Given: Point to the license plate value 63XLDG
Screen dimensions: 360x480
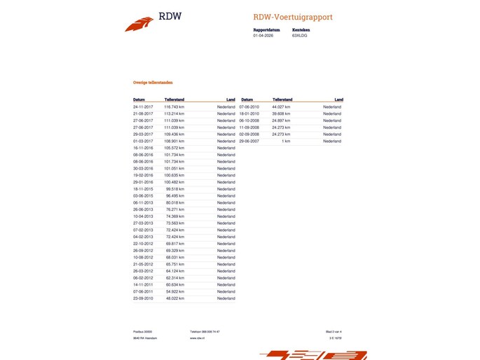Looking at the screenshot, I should tap(299, 35).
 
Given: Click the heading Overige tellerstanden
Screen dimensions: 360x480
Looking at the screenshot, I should tap(153, 82).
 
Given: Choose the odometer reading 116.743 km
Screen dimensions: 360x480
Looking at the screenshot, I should tap(174, 106).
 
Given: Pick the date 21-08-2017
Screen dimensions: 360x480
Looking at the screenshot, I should tap(143, 113).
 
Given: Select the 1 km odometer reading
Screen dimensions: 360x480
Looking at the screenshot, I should tap(286, 141).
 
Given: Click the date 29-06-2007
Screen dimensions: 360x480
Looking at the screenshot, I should tap(249, 141).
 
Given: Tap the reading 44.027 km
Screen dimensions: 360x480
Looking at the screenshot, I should tap(282, 106).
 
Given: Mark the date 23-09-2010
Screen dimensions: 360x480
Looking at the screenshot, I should tap(143, 298).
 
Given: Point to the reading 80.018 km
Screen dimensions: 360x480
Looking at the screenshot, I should tap(174, 202).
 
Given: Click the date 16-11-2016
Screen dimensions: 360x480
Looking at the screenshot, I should tap(143, 148).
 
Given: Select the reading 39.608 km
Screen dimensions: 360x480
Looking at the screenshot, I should tap(282, 113).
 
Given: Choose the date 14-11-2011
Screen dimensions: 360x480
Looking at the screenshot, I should tap(143, 285).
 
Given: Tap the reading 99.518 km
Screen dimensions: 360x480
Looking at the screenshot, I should tap(174, 189).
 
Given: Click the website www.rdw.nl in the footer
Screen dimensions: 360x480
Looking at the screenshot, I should tap(197, 338).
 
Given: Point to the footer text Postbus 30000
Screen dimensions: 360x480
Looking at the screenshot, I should tap(143, 331).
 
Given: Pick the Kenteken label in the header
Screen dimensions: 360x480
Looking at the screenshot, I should tap(301, 30).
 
